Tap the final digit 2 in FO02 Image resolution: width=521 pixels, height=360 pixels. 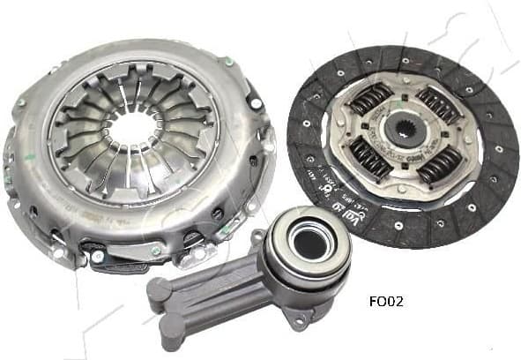398,299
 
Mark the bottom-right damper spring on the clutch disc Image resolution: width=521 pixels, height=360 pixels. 438,162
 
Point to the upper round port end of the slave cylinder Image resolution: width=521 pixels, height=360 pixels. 160,289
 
